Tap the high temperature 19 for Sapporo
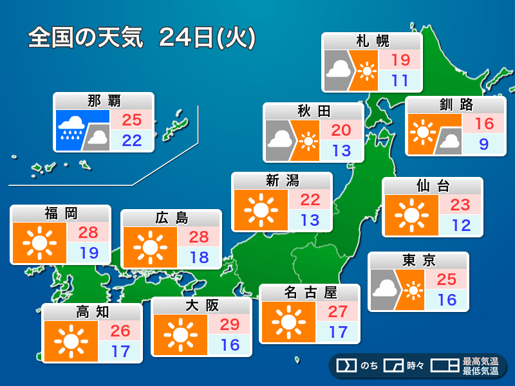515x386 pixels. (x=400, y=60)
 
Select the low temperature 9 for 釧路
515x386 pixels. (x=483, y=145)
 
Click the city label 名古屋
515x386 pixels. (x=310, y=293)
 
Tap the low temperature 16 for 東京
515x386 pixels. (x=447, y=300)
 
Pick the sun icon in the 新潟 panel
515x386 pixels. (x=261, y=210)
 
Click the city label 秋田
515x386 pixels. (x=314, y=111)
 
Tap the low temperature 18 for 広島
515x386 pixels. (x=200, y=257)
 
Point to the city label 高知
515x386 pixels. (x=93, y=312)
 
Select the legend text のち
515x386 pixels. (x=369, y=366)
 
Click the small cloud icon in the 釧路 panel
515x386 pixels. (x=449, y=141)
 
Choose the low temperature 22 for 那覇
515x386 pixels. (x=131, y=140)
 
